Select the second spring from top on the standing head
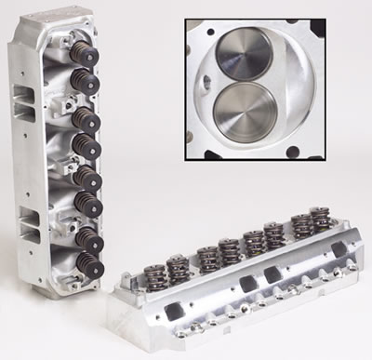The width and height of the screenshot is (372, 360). [x=86, y=82]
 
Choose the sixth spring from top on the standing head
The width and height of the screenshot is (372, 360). [x=86, y=202]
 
